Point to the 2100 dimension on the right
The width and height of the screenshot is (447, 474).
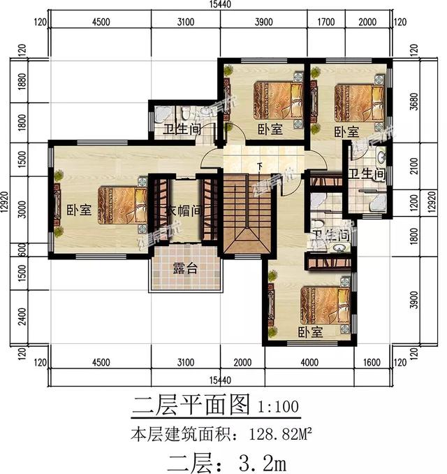[x=414, y=166]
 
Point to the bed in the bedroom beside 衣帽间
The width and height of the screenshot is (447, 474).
[x=120, y=203]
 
